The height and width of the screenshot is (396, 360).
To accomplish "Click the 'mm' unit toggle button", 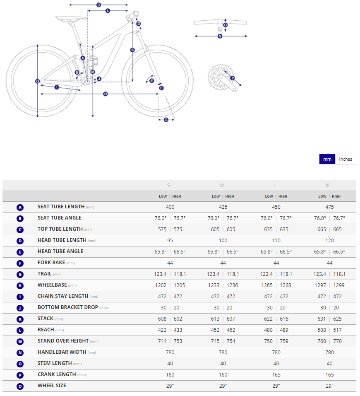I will [x=327, y=159].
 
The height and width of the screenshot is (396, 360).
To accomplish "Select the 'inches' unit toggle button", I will [x=346, y=159].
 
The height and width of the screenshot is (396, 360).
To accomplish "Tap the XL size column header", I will [x=328, y=185].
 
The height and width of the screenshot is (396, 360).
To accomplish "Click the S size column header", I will [x=168, y=185].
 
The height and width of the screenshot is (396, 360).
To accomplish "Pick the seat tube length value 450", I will [x=276, y=207].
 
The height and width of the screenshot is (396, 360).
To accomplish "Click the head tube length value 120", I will [x=329, y=241].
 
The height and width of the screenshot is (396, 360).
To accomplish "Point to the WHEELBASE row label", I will [x=52, y=285].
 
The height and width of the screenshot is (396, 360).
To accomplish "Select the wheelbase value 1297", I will [x=322, y=285].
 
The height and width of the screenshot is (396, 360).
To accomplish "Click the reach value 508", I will [x=322, y=330].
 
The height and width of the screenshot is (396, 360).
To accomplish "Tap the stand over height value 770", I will [x=338, y=341].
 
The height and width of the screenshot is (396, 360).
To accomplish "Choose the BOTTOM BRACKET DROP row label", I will [x=68, y=307].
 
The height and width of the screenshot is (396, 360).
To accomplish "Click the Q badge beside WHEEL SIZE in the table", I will [x=20, y=386].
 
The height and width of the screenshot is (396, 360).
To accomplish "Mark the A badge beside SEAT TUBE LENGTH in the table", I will [x=20, y=207].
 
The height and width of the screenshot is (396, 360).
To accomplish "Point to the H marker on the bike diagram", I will [x=106, y=94].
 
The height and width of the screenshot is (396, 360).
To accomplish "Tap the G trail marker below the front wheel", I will [x=166, y=120].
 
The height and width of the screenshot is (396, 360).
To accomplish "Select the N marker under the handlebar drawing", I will [x=220, y=36].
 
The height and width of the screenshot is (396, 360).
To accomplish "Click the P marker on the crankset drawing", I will [x=232, y=78].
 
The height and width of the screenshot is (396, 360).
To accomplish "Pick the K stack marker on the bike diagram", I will [x=132, y=50].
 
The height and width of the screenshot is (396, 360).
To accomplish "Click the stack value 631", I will [x=322, y=319].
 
